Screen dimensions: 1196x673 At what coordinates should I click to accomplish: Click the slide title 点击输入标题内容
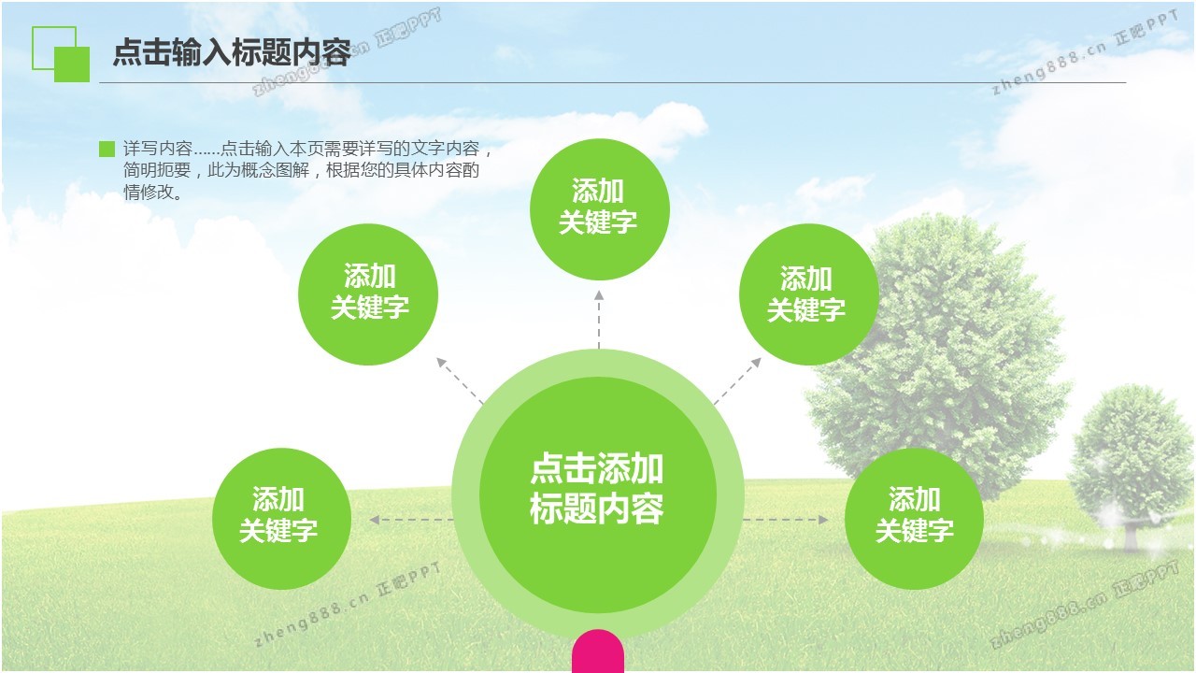pos(233,52)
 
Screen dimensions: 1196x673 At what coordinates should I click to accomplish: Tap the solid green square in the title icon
pos(72,64)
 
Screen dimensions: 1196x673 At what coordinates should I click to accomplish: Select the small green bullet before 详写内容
pos(107,149)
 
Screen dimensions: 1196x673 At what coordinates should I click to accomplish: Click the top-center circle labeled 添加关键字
pos(599,208)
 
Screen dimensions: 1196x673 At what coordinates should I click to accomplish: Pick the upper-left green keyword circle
pos(368,294)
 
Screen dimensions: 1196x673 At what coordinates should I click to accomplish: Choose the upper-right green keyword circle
pos(808,294)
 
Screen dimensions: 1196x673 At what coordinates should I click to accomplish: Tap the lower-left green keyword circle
pos(281,519)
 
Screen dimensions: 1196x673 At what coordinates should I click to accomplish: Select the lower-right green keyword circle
pos(914,519)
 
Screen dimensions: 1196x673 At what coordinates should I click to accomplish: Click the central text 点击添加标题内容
pos(597,488)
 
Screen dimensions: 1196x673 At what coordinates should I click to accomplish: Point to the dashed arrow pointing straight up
pos(599,320)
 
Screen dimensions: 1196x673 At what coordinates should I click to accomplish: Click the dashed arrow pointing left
pos(411,519)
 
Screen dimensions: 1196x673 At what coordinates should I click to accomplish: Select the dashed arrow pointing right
pos(786,519)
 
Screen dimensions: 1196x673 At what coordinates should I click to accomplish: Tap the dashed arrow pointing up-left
pos(459,380)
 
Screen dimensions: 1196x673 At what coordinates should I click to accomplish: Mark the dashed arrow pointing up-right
pos(737,380)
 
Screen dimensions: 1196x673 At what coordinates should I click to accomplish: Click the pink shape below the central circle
pos(597,651)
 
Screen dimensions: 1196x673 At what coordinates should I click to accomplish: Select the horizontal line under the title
pos(613,83)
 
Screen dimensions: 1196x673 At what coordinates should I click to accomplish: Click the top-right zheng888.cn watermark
pos(1085,51)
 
